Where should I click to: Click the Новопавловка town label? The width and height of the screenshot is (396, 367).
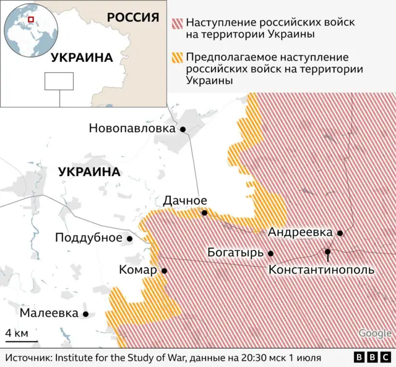click(132, 129)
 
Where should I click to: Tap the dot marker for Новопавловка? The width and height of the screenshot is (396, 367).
click(183, 129)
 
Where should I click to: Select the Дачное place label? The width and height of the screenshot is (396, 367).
click(185, 200)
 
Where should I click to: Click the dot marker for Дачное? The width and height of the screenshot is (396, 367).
click(205, 213)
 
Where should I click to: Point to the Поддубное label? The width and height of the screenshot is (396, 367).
click(88, 238)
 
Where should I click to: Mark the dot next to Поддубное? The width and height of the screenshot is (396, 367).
click(130, 238)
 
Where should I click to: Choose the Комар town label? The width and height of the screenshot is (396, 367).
click(138, 270)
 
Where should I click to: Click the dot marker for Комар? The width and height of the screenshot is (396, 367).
click(164, 271)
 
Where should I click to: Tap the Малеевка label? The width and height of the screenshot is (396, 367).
click(49, 313)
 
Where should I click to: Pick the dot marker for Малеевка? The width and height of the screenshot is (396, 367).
click(86, 314)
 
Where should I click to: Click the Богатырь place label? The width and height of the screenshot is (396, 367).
click(236, 253)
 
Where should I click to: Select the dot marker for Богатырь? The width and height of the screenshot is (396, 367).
click(270, 253)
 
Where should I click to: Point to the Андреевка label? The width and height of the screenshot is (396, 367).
click(300, 232)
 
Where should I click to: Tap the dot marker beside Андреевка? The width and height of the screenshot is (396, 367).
click(340, 233)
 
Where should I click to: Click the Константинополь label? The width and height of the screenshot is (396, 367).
click(321, 270)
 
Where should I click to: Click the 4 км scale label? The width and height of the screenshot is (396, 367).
click(16, 333)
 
